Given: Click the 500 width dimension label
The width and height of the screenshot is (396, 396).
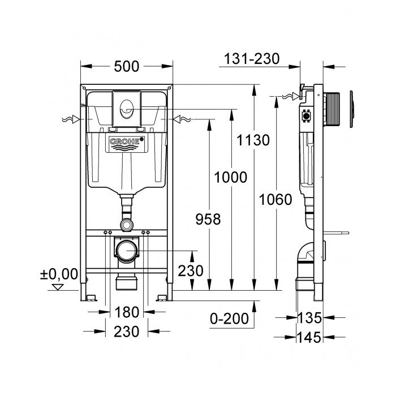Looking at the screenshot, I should tap(126, 66).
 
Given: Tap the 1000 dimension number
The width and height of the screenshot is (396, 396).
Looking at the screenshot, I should tap(230, 177).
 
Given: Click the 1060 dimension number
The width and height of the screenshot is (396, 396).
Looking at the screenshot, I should tap(276, 199).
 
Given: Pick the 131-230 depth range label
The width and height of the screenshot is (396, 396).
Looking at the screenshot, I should tap(251, 58).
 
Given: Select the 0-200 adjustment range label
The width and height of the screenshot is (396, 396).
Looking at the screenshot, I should tap(229, 318).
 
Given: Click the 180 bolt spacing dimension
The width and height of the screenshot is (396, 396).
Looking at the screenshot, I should tap(126, 312).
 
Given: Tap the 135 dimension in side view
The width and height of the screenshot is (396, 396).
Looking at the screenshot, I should tap(311, 318).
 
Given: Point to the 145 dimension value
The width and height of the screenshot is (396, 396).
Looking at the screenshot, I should tap(311, 337).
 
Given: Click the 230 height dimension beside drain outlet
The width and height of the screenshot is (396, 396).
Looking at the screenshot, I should tap(191, 271).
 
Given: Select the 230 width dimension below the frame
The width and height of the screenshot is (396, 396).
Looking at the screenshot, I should tap(126, 332).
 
